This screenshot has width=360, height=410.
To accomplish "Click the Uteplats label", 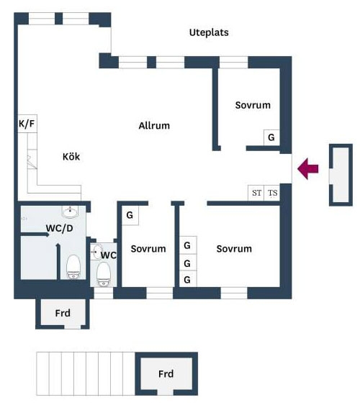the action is click(x=209, y=32).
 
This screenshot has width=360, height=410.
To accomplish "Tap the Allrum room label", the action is click(x=154, y=125).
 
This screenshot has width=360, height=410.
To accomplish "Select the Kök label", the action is click(x=71, y=157).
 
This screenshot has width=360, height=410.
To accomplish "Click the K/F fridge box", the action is click(x=27, y=124).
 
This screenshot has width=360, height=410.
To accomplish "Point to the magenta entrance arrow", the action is click(x=308, y=168).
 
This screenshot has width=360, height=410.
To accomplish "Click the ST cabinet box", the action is click(x=256, y=193).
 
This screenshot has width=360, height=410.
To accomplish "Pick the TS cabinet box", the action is click(x=272, y=193).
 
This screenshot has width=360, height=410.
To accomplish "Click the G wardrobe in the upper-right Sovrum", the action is click(x=271, y=137).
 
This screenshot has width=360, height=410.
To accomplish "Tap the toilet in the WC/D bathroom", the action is click(x=73, y=267).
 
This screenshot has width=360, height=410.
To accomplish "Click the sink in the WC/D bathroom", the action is click(x=70, y=211).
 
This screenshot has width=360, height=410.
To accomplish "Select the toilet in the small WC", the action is click(x=104, y=274).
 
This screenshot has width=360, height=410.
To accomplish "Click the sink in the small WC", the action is click(x=96, y=252).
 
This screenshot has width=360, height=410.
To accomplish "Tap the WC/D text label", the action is click(x=60, y=228).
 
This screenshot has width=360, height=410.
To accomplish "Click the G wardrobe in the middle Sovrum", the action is click(x=130, y=215).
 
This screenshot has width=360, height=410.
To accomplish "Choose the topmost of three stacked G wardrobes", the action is click(x=188, y=245).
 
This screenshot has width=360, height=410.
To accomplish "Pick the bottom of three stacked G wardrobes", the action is click(x=188, y=279).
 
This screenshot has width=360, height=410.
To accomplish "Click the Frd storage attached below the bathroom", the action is click(x=63, y=313).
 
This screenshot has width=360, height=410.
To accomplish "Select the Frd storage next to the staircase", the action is click(x=166, y=374).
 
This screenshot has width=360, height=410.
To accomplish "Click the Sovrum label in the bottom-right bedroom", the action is click(x=234, y=249).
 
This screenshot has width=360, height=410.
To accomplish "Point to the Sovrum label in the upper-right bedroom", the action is click(x=253, y=105).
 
